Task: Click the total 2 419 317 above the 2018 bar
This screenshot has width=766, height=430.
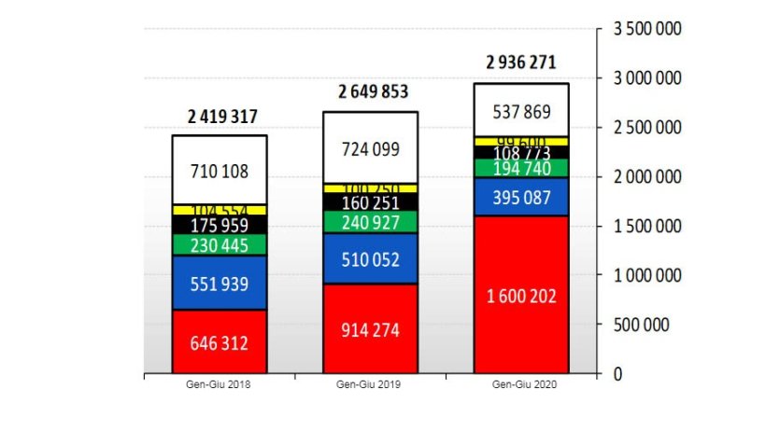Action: tap(221, 117)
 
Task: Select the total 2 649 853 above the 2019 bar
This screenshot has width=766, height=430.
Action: tap(373, 91)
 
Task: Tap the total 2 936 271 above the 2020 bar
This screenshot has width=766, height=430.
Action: tap(521, 63)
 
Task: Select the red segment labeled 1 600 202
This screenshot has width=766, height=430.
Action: tap(522, 296)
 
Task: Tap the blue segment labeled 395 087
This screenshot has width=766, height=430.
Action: tap(522, 197)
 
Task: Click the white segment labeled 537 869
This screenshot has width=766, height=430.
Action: tap(522, 111)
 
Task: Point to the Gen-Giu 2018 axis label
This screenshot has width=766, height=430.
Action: tap(220, 384)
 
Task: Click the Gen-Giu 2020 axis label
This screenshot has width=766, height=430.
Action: tap(521, 384)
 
